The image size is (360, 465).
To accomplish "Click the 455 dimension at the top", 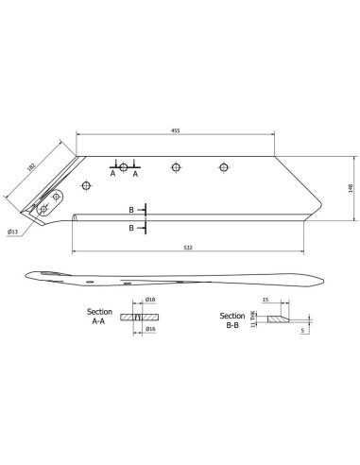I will click(176, 131).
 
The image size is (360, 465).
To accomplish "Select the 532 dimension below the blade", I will click(189, 248).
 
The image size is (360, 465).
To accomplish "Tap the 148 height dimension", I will click(349, 189).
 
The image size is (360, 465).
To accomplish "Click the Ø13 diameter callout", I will click(14, 230).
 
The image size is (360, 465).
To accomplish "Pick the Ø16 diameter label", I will click(149, 330).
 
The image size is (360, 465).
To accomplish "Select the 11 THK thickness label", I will click(252, 319).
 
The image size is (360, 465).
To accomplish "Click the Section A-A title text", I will click(99, 316).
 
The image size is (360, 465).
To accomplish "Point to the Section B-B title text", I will click(232, 319).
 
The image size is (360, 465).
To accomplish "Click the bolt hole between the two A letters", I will click(124, 167).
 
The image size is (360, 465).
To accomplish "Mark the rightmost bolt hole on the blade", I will click(223, 168).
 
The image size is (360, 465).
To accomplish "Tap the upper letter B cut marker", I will click(132, 210).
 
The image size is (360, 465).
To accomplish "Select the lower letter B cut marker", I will click(132, 228).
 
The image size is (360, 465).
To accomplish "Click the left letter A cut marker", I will click(111, 175).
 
